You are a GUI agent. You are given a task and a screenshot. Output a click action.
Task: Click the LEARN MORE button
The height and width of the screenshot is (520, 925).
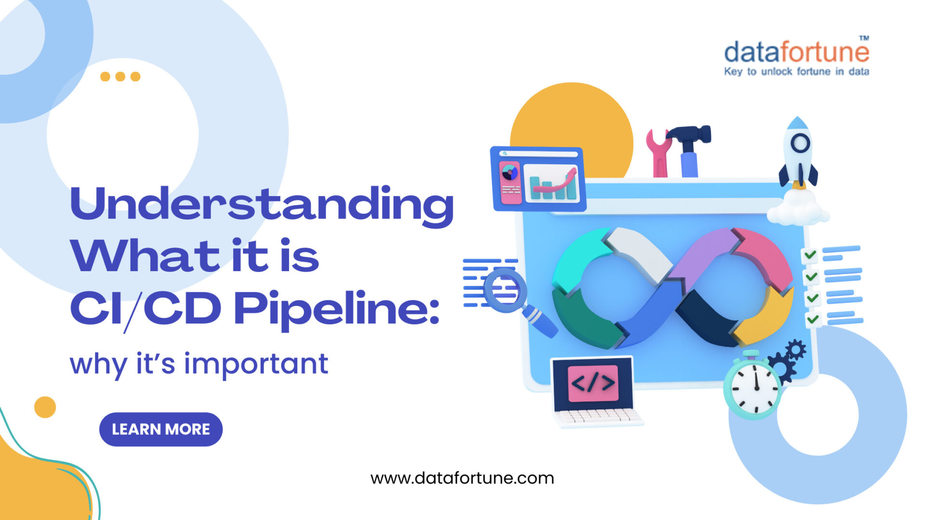click(x=160, y=429)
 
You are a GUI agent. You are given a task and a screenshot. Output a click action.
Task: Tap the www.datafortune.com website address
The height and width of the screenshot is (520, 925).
click(x=462, y=478)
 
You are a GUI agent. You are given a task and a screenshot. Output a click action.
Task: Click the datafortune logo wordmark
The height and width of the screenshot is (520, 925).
click(x=796, y=52)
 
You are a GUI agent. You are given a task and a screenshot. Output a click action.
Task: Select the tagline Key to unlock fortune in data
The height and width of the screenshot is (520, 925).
click(x=796, y=72)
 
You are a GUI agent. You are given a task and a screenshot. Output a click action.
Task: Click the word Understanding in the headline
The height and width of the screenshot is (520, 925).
click(x=262, y=205)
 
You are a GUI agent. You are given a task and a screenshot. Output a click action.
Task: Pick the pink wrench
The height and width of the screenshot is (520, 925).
click(x=659, y=152)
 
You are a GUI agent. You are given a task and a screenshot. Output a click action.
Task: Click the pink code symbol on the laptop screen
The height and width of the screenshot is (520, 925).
click(x=593, y=383)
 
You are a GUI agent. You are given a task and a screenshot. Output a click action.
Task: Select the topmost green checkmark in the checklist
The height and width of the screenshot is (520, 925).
click(x=810, y=254)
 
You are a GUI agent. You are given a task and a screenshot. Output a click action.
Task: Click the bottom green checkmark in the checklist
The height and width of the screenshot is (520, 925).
click(x=813, y=319)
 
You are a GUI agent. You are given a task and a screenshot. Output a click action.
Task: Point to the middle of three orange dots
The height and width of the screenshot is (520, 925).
click(x=120, y=77)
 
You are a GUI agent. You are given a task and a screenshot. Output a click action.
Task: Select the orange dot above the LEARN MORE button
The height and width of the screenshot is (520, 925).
click(x=45, y=407)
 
